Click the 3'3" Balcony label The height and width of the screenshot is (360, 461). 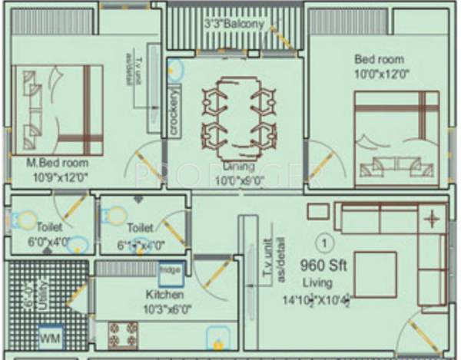[234, 25]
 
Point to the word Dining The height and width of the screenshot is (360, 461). [239, 166]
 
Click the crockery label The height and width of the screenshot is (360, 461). [175, 113]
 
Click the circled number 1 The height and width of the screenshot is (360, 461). [326, 243]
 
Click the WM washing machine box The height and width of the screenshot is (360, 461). [49, 336]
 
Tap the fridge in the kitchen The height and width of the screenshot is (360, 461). [170, 270]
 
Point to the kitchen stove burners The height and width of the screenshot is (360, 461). [122, 332]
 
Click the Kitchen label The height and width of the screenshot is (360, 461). [165, 295]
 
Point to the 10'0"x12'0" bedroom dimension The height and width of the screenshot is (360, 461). [381, 74]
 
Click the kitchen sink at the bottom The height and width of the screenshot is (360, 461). [217, 338]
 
